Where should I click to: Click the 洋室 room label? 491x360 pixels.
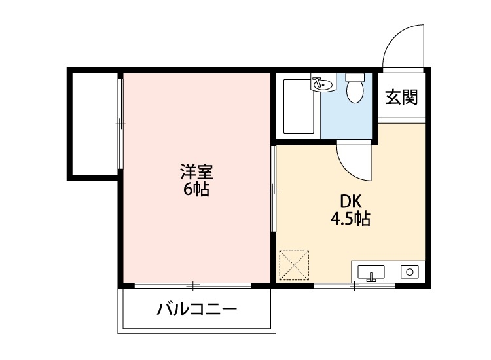tap(196, 173)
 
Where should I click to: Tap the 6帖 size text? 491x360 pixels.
tap(196, 190)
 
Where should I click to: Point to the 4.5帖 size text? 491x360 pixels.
tap(350, 219)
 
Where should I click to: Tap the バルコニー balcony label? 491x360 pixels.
tap(196, 309)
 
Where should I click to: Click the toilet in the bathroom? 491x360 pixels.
tap(355, 90)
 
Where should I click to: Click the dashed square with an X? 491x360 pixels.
tap(294, 265)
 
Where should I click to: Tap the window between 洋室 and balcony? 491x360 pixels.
tap(193, 285)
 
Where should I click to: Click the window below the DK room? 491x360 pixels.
tap(354, 285)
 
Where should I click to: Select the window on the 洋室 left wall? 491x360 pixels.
tap(120, 122)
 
